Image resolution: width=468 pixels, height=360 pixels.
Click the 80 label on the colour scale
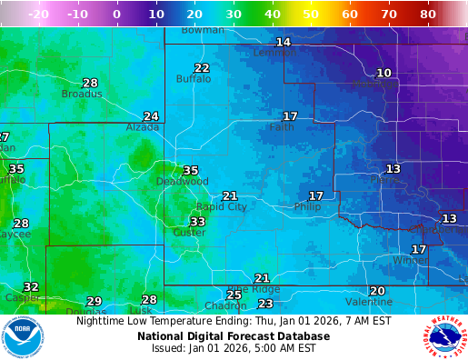coord(428,15)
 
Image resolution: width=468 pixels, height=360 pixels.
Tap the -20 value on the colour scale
coord(38,15)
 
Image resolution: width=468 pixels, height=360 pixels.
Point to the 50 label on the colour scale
coord(311,15)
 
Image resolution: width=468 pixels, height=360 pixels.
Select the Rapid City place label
coord(222,207)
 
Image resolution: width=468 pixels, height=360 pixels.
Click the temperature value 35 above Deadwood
coord(190,170)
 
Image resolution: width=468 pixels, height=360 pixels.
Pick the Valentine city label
coord(369,302)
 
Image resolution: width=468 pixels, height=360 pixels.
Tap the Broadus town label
coord(82,94)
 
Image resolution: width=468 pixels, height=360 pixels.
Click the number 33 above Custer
coord(197,222)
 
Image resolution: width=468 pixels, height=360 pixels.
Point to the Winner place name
coord(410,260)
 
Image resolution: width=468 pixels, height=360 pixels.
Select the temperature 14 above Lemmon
coord(284,42)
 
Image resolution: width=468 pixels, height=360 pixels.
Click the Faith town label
coord(282,127)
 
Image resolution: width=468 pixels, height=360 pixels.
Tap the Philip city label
coord(307,207)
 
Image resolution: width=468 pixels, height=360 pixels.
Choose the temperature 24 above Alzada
coord(151,116)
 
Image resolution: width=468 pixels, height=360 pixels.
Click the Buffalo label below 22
coord(193,79)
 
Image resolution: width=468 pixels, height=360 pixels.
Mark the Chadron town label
coord(225,305)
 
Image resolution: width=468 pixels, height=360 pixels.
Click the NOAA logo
coord(23,336)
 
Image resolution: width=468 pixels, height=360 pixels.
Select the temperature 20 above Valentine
coord(377,291)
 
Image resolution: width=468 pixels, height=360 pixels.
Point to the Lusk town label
coord(141,310)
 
